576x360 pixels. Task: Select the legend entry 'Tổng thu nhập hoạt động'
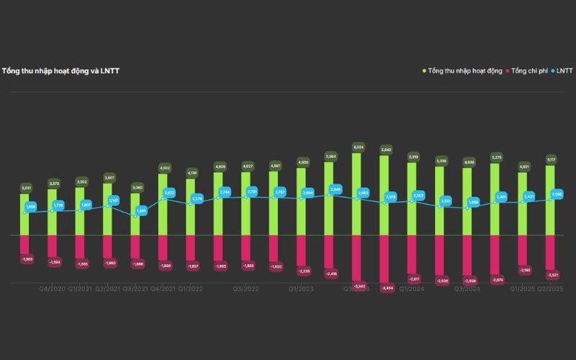465,71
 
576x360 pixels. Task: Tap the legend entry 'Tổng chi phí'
529,71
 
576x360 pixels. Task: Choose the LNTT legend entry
564,71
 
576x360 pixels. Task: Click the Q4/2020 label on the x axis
52,289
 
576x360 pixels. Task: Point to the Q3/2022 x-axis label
246,289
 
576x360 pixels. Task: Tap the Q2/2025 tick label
549,289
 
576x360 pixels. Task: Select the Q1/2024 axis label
411,289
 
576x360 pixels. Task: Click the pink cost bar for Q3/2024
467,255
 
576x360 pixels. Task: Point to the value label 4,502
163,168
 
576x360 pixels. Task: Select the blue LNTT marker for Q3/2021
140,212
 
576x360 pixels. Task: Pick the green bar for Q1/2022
190,209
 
